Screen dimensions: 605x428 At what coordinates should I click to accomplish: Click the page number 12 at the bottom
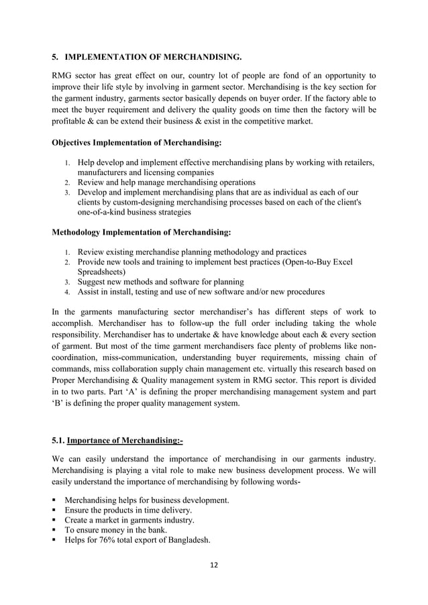[213, 564]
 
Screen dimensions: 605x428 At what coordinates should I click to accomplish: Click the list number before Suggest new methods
[67, 282]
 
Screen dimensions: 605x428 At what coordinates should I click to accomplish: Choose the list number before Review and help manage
[67, 182]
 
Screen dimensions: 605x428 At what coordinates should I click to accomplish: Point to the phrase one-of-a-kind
[105, 212]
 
